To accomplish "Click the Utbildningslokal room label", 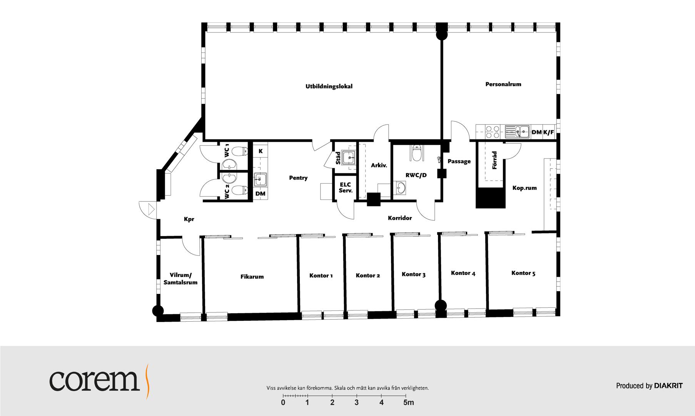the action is (x=329, y=86).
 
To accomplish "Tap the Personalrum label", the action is (x=503, y=84).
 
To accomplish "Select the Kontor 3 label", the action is (x=413, y=274).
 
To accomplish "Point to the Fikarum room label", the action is (x=252, y=277).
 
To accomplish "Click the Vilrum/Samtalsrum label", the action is (x=180, y=279).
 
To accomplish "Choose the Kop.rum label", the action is (x=525, y=188).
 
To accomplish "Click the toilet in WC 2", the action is (x=240, y=190).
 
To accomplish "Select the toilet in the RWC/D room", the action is (x=416, y=153).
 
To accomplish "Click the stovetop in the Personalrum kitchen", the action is (x=491, y=132).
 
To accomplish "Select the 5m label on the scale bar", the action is (x=409, y=403).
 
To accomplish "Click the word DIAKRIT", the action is (x=668, y=386).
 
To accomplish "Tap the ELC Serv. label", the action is (x=346, y=188).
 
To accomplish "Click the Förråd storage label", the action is (x=495, y=160).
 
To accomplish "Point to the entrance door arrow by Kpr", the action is (x=151, y=210).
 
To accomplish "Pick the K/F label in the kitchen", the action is (x=548, y=133).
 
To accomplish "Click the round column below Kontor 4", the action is (x=441, y=305).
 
